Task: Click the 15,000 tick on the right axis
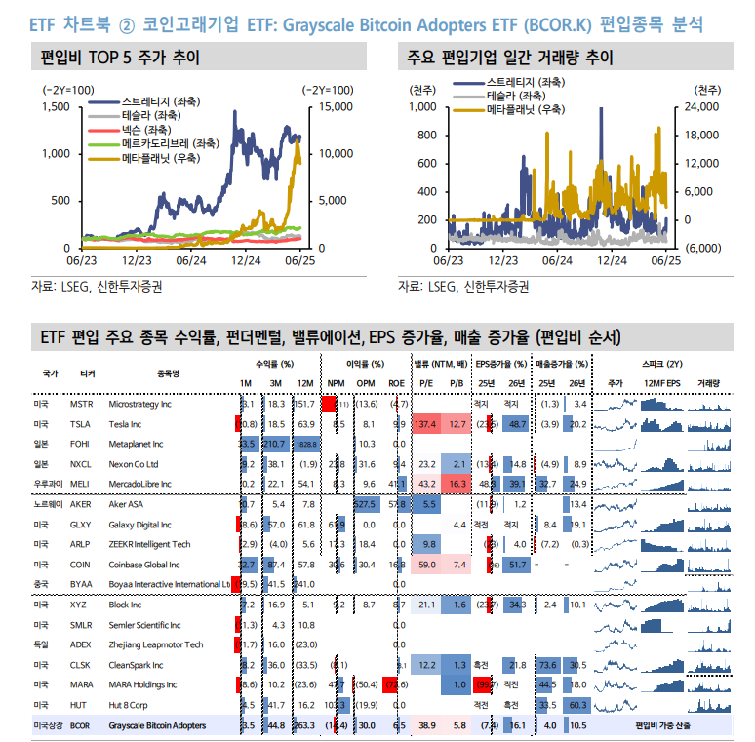tap(335, 106)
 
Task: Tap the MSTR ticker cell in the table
tap(82, 404)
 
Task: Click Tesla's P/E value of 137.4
tap(424, 424)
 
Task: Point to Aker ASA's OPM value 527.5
tap(365, 504)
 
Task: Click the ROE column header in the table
tap(396, 384)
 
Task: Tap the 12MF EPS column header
tap(661, 384)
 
